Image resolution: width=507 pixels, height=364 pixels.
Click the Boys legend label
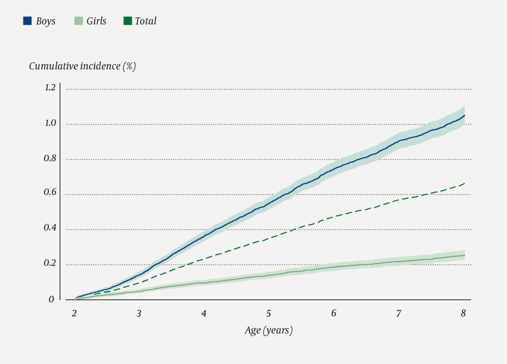(x=46, y=21)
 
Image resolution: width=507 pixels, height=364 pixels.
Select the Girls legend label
(x=96, y=21)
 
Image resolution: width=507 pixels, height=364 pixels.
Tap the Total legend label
(x=146, y=21)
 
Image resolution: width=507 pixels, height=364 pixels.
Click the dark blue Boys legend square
(x=28, y=21)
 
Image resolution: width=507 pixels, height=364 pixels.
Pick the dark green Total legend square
(x=128, y=21)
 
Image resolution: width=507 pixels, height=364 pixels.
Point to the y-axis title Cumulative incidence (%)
(x=82, y=66)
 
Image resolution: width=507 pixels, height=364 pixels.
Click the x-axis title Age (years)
(x=268, y=330)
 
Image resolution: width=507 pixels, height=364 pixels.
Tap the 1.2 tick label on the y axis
(x=50, y=88)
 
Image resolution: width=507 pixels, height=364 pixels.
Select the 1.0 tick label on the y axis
(x=50, y=124)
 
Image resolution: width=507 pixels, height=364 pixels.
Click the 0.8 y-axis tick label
(x=50, y=159)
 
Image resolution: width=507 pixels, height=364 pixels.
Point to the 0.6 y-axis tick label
(x=50, y=193)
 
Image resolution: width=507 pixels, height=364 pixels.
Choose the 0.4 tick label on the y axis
(x=50, y=228)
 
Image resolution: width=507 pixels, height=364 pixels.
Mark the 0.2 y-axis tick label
(x=50, y=264)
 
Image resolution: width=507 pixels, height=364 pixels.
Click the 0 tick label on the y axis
(x=51, y=299)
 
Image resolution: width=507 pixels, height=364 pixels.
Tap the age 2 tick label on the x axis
(x=74, y=314)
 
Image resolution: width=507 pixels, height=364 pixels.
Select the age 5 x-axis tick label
(x=269, y=314)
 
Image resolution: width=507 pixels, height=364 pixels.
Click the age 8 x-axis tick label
(x=463, y=314)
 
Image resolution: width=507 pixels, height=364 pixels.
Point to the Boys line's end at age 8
(x=464, y=115)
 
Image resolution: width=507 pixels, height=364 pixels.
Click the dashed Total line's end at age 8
(x=464, y=183)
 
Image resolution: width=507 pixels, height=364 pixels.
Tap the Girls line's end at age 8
(x=464, y=255)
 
